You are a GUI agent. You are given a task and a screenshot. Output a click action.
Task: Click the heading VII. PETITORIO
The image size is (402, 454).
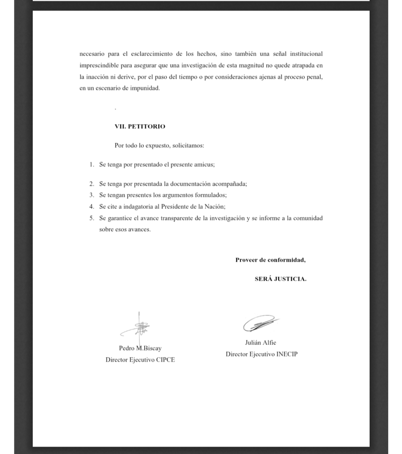coord(139,126)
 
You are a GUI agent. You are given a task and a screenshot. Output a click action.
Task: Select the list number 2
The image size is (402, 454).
coord(92,184)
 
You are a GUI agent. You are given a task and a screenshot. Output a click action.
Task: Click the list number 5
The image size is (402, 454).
coord(92,218)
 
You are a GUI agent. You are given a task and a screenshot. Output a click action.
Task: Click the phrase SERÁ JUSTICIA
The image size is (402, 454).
coord(280,279)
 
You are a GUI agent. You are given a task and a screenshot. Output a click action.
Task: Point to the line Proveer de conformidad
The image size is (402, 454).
coord(270,260)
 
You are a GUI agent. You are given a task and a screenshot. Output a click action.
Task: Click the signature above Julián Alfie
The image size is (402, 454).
coord(260,323)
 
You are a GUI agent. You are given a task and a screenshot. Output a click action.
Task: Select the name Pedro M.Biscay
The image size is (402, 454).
coord(140,348)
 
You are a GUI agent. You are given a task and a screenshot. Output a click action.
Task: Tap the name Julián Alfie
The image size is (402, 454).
coord(260,342)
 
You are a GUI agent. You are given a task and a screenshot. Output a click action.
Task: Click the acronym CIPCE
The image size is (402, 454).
coord(166,360)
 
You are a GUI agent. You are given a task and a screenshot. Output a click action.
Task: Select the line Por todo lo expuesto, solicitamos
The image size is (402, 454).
coord(159,145)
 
